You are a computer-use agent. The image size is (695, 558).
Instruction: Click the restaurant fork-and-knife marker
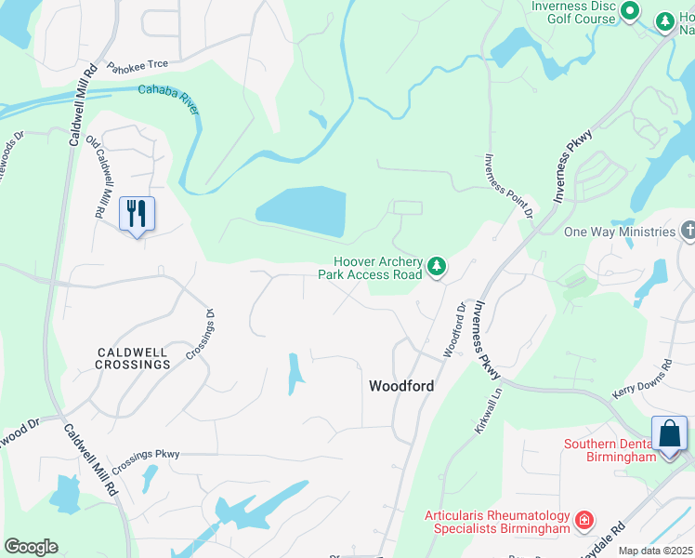click(x=138, y=214)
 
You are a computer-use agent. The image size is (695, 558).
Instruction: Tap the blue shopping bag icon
click(x=669, y=434)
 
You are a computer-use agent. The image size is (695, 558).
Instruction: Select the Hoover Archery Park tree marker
click(x=437, y=268)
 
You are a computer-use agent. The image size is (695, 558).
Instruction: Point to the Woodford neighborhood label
click(x=401, y=385)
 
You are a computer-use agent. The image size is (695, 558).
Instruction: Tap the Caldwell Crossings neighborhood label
click(x=133, y=358)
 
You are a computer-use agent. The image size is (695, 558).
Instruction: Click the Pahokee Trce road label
click(x=138, y=66)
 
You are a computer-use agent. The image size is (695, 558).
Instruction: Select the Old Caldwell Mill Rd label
click(x=96, y=178)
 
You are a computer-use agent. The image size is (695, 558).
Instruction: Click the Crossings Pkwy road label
click(x=145, y=461)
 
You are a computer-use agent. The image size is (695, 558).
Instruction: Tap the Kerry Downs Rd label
click(x=642, y=381)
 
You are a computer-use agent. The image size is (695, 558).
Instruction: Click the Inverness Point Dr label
click(x=507, y=186)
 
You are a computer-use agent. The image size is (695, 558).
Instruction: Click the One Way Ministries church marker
click(x=688, y=230)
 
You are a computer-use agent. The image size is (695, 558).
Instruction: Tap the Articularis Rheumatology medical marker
click(x=584, y=520)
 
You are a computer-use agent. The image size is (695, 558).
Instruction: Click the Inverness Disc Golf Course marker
click(x=630, y=11)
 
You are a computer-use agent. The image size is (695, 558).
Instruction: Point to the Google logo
click(x=31, y=547)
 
